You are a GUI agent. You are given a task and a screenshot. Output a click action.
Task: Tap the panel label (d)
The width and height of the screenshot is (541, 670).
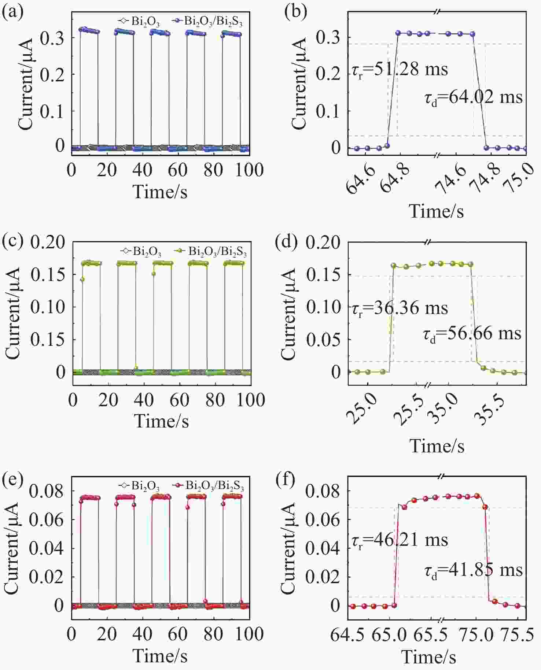coord(287,243)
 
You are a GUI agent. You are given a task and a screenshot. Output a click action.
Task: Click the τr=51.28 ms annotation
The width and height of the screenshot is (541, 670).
coord(400,69)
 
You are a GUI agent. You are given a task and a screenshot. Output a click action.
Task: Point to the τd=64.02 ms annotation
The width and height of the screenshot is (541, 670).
coord(474,98)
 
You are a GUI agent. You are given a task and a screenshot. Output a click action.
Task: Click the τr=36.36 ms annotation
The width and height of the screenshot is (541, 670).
coord(400,308)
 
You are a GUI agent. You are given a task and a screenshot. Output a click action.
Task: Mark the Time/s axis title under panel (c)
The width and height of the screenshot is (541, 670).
coord(161,421)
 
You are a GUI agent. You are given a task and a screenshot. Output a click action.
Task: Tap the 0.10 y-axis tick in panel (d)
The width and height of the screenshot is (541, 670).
coord(323,307)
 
